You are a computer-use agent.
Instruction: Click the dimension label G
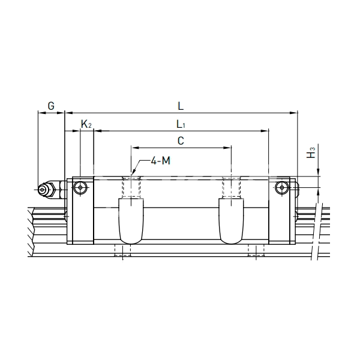51,106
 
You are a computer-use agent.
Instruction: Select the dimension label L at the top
181,106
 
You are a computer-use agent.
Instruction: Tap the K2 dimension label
86,124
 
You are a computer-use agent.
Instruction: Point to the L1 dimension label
181,124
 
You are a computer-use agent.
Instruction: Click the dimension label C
181,141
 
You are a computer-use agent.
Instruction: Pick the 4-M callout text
160,160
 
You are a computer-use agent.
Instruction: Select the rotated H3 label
311,152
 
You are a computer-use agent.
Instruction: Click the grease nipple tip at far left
42,190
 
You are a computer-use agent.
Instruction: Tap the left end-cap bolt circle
80,188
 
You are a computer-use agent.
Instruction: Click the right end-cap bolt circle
282,188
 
